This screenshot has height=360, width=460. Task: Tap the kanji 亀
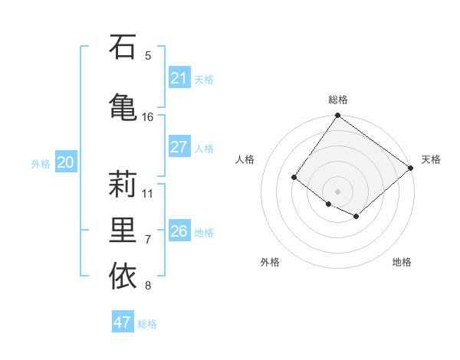(123, 106)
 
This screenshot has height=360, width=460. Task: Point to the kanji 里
(123, 231)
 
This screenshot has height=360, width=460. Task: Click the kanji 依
(123, 277)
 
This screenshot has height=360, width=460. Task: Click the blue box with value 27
(179, 147)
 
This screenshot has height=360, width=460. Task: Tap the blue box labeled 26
(179, 231)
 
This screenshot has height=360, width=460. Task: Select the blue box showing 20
(66, 162)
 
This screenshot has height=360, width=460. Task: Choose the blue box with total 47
(122, 322)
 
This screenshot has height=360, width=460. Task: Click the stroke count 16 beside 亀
(148, 117)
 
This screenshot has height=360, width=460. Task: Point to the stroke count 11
(148, 193)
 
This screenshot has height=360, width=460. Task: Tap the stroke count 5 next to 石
(148, 55)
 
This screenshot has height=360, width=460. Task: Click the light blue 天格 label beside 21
(204, 79)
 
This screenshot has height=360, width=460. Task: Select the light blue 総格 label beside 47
(147, 324)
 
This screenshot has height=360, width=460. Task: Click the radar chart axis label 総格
(337, 100)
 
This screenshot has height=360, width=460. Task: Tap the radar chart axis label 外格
(270, 263)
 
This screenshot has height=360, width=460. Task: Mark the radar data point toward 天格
(411, 168)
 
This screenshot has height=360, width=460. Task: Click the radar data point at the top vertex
(337, 116)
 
